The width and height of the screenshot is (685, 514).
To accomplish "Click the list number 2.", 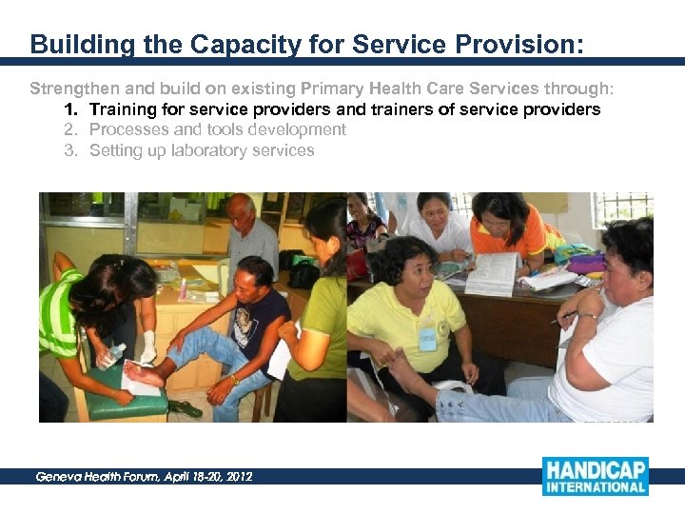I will [x=70, y=129].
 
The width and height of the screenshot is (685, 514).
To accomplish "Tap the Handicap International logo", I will [x=595, y=476].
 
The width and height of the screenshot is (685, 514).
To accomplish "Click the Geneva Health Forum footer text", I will [x=144, y=476].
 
